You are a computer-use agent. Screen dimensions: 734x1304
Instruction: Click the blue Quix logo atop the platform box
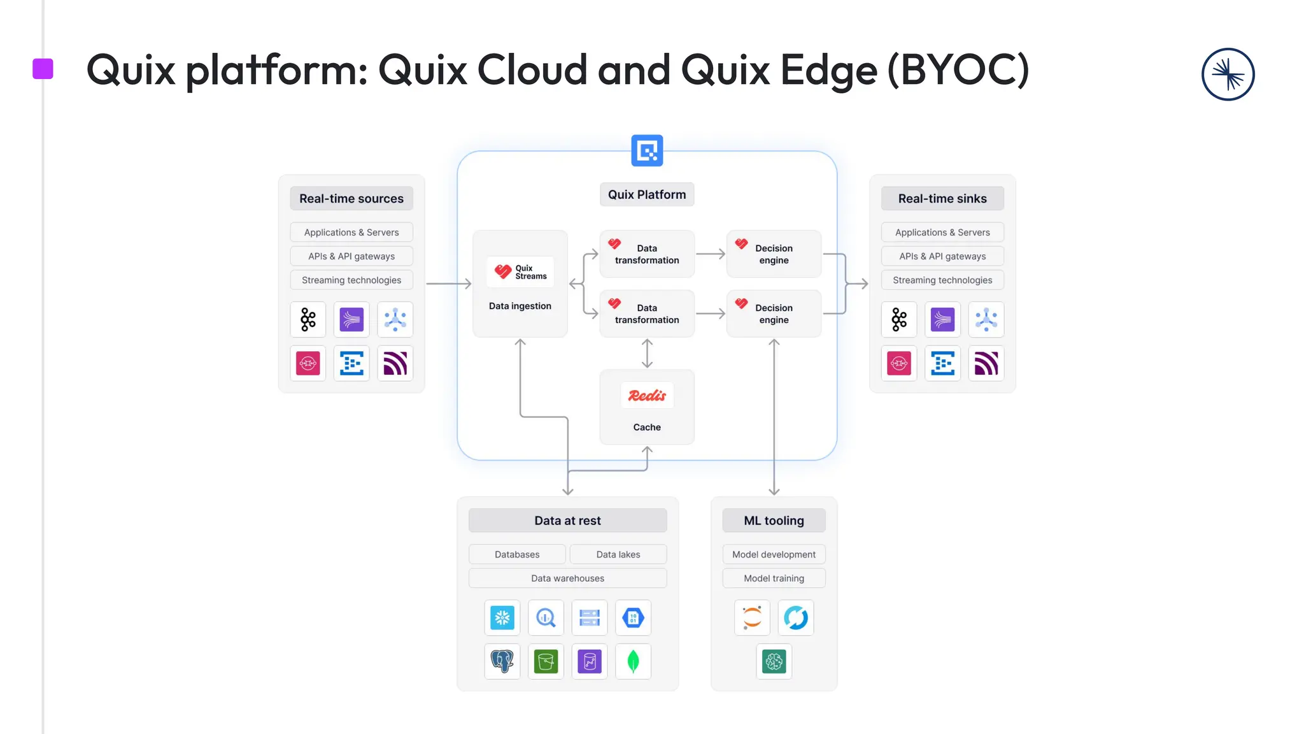coord(647,150)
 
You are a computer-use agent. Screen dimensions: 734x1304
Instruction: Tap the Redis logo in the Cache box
coord(647,396)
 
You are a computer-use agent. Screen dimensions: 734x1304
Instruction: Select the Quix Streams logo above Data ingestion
coord(520,272)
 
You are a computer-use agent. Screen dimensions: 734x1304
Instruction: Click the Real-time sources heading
coord(351,198)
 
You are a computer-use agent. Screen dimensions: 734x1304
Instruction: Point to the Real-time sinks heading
coord(942,198)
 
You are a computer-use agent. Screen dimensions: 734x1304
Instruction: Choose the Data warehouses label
coord(567,579)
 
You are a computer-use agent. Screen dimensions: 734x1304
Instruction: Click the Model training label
coord(774,579)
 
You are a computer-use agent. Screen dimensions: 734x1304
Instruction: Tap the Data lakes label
coord(618,554)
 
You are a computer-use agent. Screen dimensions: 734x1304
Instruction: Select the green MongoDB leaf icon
coord(633,661)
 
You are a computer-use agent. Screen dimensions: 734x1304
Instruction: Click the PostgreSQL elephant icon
coord(502,661)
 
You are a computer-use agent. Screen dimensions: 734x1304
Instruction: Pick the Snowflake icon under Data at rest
coord(502,617)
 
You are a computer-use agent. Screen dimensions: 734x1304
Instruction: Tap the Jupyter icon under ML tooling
coord(752,617)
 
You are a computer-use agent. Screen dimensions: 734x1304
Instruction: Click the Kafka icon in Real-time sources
coord(308,319)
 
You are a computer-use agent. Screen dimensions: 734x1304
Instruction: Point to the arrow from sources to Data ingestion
coord(448,284)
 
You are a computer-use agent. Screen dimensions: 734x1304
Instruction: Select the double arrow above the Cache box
coord(647,353)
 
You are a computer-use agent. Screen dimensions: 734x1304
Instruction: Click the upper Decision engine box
coord(774,254)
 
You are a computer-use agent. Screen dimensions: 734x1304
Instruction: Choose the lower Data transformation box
coord(647,313)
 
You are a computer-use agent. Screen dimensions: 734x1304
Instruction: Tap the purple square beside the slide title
coord(43,69)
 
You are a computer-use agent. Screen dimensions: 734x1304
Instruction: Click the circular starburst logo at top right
coord(1228,75)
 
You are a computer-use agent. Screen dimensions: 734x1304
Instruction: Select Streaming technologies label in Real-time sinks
coord(942,280)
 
